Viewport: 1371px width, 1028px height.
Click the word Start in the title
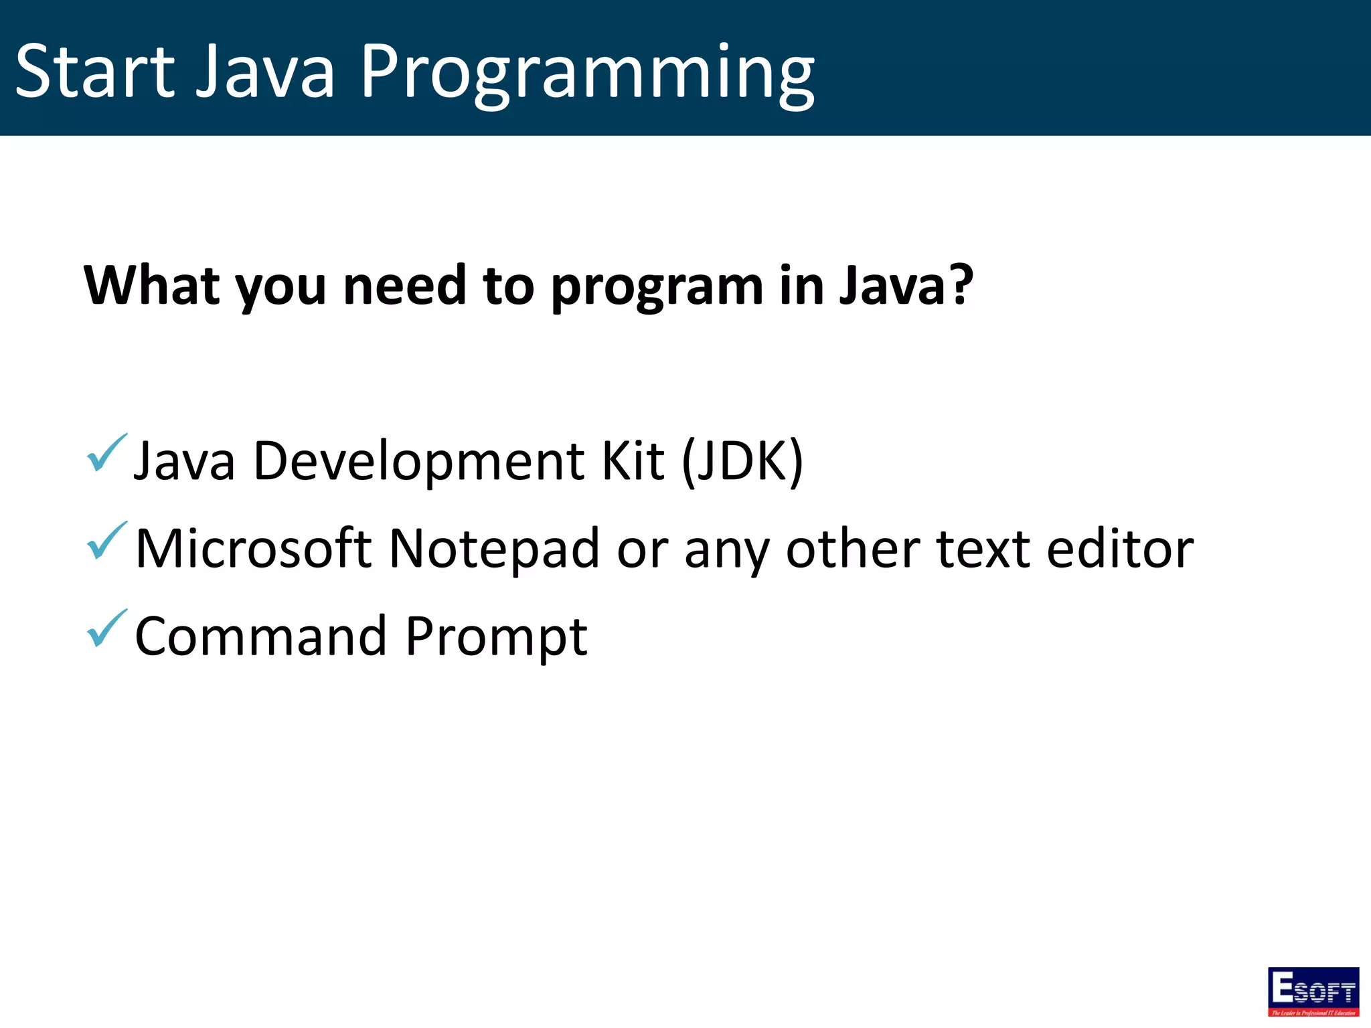pyautogui.click(x=94, y=71)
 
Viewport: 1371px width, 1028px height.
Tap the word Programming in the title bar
pyautogui.click(x=587, y=74)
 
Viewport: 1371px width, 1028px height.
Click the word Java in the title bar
pyautogui.click(x=265, y=71)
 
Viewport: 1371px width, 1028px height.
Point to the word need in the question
pyautogui.click(x=404, y=286)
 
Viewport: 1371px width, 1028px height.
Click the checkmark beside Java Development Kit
pyautogui.click(x=106, y=453)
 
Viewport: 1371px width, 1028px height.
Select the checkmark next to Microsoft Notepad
pyautogui.click(x=106, y=541)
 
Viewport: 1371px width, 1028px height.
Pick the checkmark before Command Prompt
pyautogui.click(x=106, y=628)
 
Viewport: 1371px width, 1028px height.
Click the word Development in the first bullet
pyautogui.click(x=419, y=462)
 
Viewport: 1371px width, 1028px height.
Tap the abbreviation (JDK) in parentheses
pyautogui.click(x=742, y=462)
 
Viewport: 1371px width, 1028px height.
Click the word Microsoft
pyautogui.click(x=253, y=549)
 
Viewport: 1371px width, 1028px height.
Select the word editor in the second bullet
pyautogui.click(x=1120, y=549)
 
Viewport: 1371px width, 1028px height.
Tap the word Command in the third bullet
pyautogui.click(x=260, y=636)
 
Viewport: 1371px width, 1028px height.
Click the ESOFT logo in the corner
pyautogui.click(x=1313, y=991)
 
